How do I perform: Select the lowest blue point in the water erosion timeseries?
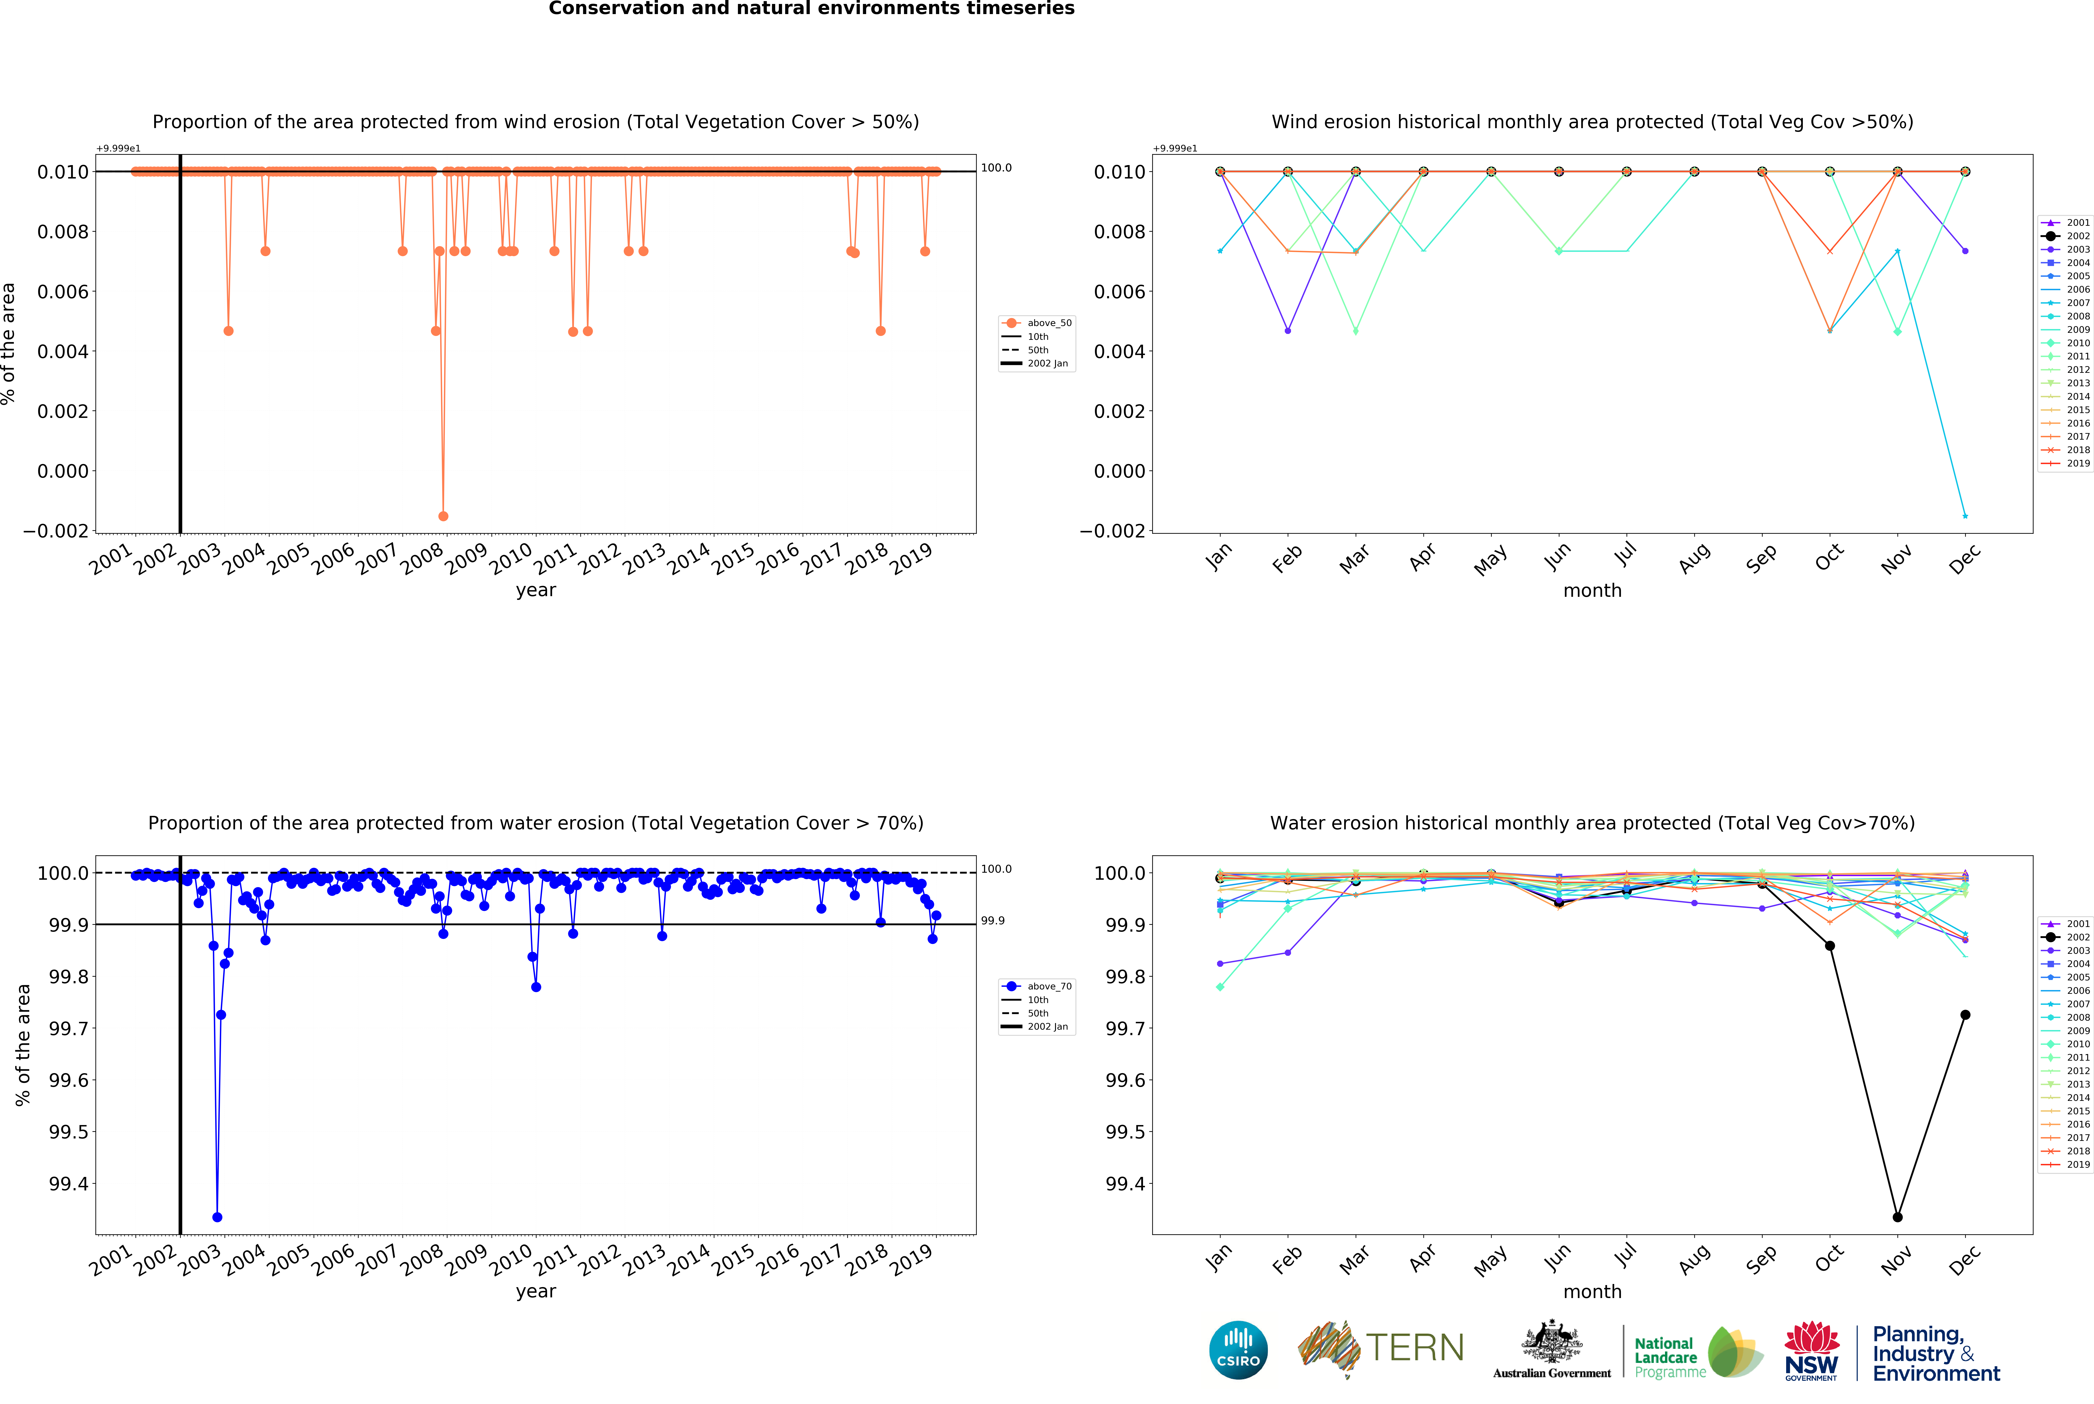[217, 1217]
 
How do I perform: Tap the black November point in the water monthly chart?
[1897, 1217]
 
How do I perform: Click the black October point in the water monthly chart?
[1830, 945]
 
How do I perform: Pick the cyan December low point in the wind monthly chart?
[1965, 516]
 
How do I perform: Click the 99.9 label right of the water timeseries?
[992, 920]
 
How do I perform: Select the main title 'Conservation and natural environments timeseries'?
[811, 9]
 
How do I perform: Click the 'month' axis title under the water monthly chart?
[1592, 1291]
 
